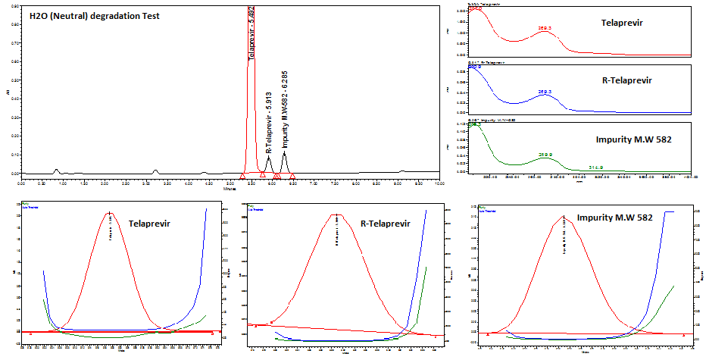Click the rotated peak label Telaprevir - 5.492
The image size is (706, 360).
(252, 34)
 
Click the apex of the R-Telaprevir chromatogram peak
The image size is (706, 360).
(268, 158)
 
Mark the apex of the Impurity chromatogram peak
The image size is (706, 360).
(284, 152)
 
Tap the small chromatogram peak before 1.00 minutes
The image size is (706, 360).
(56, 170)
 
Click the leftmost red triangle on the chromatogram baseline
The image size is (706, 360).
(242, 175)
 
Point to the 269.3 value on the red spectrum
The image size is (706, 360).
(544, 27)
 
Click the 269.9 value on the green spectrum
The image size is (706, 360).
(544, 155)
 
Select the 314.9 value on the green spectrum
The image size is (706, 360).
(596, 167)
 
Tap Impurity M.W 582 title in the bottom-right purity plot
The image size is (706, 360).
(616, 218)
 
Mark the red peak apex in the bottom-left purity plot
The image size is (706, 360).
(111, 213)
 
